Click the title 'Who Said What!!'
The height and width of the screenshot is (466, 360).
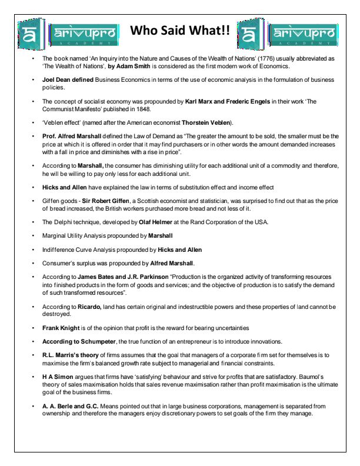click(179, 31)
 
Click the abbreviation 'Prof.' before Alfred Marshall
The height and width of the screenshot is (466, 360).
click(49, 136)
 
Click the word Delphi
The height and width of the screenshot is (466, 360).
click(64, 222)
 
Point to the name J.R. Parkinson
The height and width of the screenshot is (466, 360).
click(145, 277)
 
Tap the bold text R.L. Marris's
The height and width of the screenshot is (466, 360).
click(63, 355)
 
